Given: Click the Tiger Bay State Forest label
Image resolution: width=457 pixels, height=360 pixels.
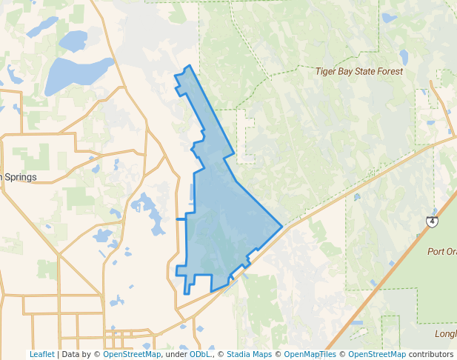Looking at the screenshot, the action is pyautogui.click(x=359, y=71).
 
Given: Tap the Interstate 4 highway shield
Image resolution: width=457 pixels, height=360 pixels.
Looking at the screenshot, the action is pyautogui.click(x=432, y=221).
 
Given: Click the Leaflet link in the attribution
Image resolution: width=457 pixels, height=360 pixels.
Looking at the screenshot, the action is pyautogui.click(x=41, y=354).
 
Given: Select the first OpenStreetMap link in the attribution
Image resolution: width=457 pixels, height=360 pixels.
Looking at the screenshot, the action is pyautogui.click(x=131, y=354).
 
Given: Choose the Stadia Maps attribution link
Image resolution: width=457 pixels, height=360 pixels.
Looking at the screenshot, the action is pyautogui.click(x=249, y=354).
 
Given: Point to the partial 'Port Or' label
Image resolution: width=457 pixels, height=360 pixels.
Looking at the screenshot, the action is pyautogui.click(x=442, y=251).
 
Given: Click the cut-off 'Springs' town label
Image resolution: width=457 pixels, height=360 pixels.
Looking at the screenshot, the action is pyautogui.click(x=19, y=177).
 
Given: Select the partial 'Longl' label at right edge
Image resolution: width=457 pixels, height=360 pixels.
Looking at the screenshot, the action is pyautogui.click(x=446, y=333).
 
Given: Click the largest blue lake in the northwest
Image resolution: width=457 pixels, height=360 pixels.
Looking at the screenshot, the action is pyautogui.click(x=78, y=75).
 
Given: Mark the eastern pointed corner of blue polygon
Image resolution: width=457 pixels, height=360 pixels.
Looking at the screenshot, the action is pyautogui.click(x=281, y=226).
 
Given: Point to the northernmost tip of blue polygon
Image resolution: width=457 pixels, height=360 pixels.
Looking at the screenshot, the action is pyautogui.click(x=190, y=66).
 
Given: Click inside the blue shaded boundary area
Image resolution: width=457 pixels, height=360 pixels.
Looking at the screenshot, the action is pyautogui.click(x=222, y=222).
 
